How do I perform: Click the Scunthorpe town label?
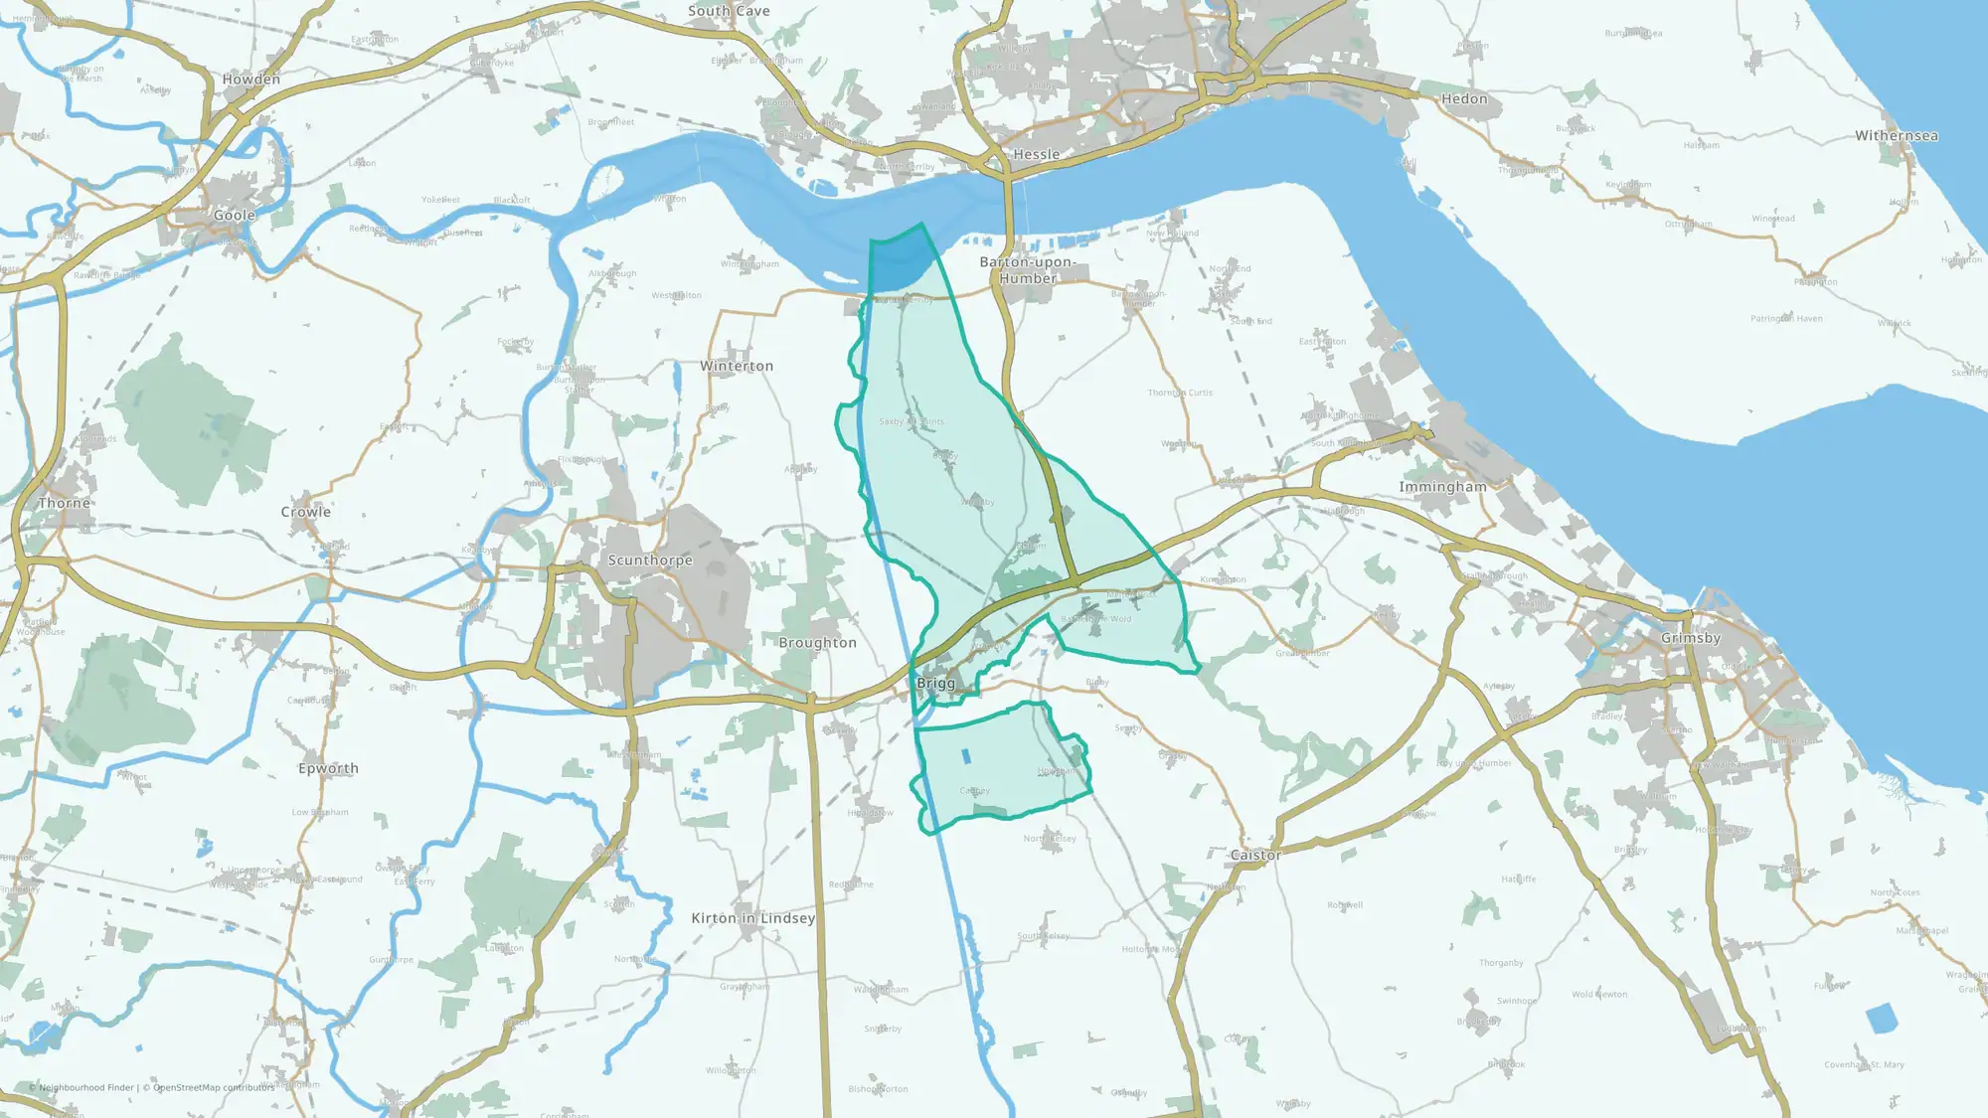pyautogui.click(x=650, y=560)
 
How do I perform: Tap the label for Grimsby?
pyautogui.click(x=1690, y=638)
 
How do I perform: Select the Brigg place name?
pyautogui.click(x=935, y=684)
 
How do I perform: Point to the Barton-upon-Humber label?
pyautogui.click(x=1028, y=270)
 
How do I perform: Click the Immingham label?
pyautogui.click(x=1442, y=487)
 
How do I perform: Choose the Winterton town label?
pyautogui.click(x=737, y=367)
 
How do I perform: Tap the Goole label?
pyautogui.click(x=235, y=216)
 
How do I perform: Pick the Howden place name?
pyautogui.click(x=251, y=80)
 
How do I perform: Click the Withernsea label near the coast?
pyautogui.click(x=1896, y=136)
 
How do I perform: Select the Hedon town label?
pyautogui.click(x=1464, y=99)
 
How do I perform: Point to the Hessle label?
pyautogui.click(x=1036, y=155)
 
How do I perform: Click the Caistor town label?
pyautogui.click(x=1255, y=856)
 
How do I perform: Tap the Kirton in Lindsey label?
pyautogui.click(x=752, y=918)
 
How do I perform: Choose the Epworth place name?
pyautogui.click(x=328, y=769)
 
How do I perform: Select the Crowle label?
pyautogui.click(x=305, y=513)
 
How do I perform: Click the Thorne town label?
pyautogui.click(x=65, y=504)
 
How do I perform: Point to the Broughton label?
pyautogui.click(x=817, y=643)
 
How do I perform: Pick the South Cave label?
pyautogui.click(x=729, y=11)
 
